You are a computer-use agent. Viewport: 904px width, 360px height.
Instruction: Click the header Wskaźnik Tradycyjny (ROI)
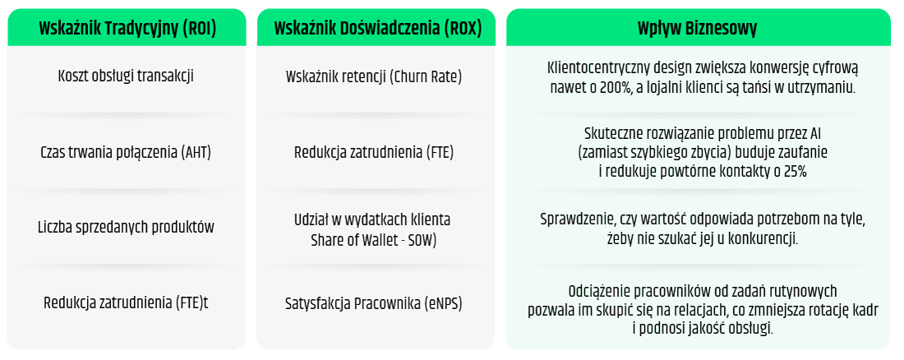click(127, 28)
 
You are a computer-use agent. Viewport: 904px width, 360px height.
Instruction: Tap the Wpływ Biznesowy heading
click(698, 28)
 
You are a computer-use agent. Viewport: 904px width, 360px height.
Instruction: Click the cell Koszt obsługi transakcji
click(127, 76)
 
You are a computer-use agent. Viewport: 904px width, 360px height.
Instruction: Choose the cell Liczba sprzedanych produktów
click(127, 228)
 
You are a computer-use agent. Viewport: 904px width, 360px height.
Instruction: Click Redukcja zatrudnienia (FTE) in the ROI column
click(127, 302)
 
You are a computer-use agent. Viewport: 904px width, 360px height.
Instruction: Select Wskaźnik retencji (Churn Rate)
click(374, 76)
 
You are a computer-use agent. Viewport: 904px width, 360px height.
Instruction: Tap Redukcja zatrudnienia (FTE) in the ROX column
click(374, 152)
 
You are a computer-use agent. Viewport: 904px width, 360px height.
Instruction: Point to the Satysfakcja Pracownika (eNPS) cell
click(374, 302)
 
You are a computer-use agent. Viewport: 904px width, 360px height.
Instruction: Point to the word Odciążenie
click(600, 291)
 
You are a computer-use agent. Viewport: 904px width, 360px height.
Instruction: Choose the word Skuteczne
click(614, 132)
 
